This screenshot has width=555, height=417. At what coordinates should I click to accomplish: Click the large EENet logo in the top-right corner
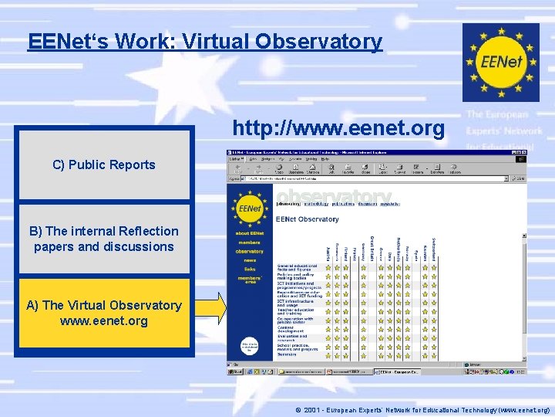[x=501, y=62]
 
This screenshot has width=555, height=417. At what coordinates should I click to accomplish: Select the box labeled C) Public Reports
[x=103, y=164]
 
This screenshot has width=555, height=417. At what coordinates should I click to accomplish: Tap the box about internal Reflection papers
[x=103, y=239]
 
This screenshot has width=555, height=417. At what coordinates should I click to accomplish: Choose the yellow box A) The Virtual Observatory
[x=103, y=313]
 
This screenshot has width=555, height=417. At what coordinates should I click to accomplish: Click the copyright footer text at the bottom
[x=427, y=410]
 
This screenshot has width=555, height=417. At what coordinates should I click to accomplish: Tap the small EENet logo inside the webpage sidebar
[x=249, y=209]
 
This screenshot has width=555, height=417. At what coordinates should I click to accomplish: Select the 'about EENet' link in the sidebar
[x=249, y=234]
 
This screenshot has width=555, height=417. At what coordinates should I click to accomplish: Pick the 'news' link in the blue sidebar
[x=249, y=260]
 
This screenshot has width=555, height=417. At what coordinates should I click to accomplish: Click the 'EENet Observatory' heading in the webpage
[x=308, y=219]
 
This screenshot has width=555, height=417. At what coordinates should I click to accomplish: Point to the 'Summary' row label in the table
[x=287, y=354]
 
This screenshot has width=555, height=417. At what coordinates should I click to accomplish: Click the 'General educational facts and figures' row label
[x=298, y=268]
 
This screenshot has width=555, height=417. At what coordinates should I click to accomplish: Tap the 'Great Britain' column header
[x=372, y=249]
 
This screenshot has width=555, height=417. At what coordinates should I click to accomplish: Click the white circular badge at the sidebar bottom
[x=249, y=347]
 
